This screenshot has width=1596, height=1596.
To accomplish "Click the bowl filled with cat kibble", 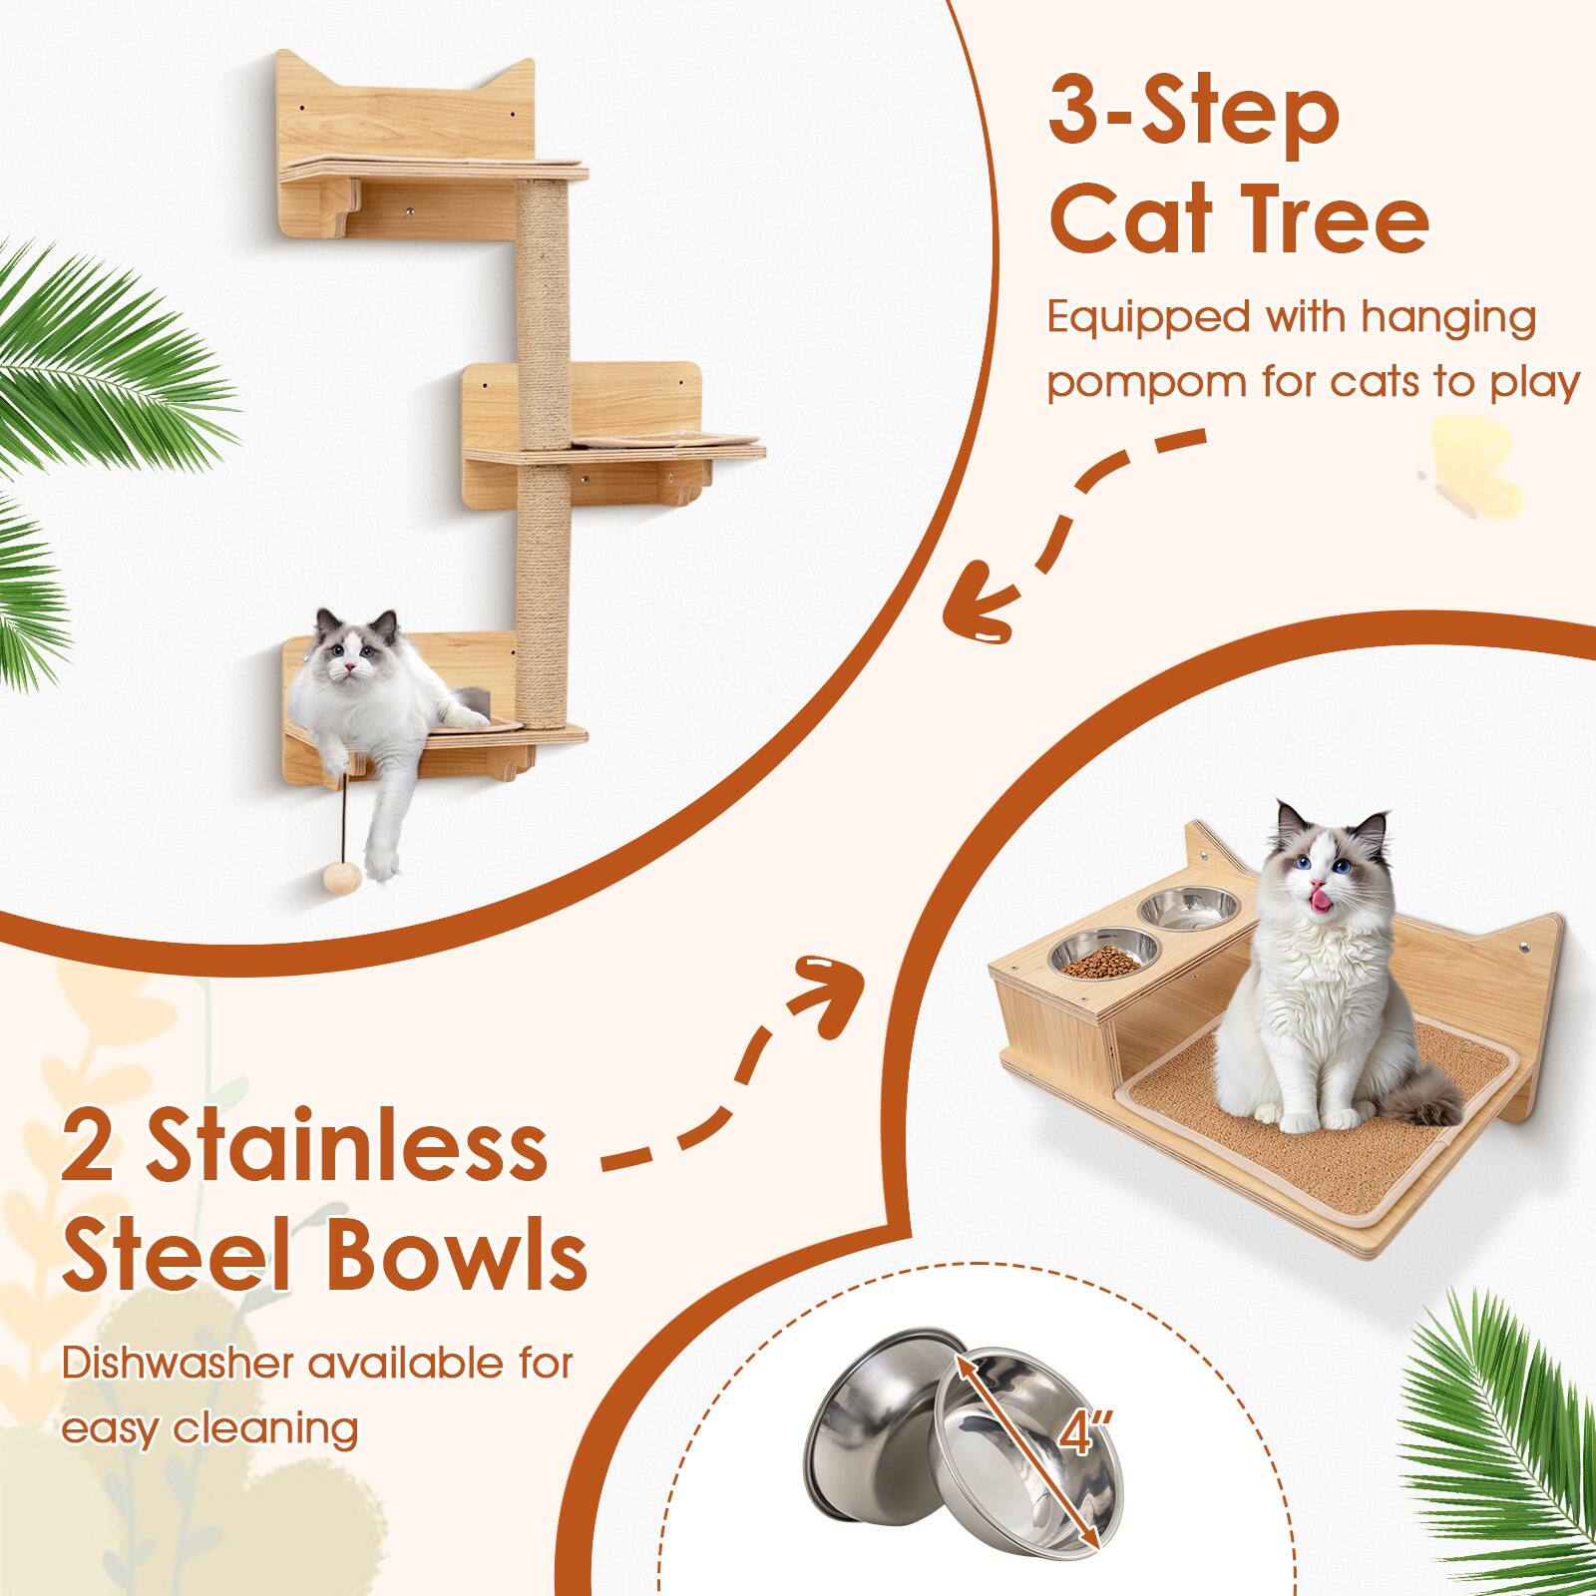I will (1094, 954).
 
